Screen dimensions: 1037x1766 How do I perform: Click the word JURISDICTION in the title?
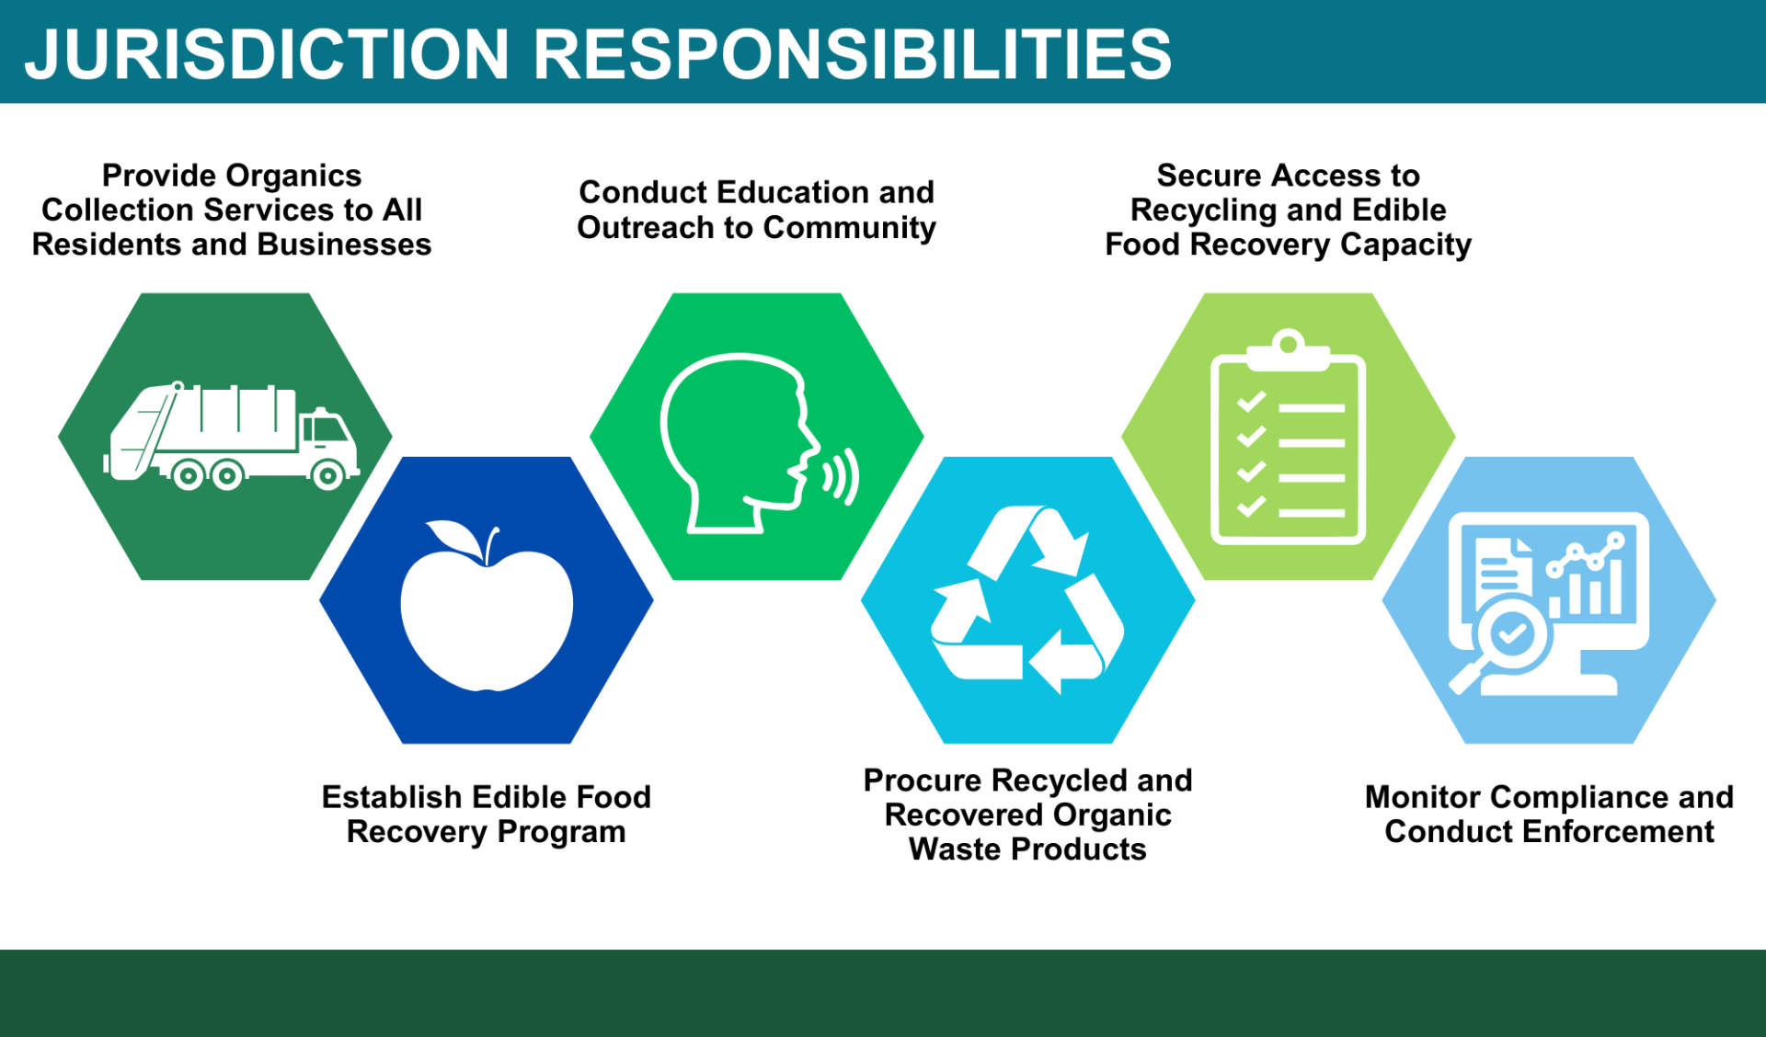coord(267,53)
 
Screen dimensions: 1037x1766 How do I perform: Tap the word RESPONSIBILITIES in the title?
coord(852,53)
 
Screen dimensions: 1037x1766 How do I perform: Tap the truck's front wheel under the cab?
coord(327,474)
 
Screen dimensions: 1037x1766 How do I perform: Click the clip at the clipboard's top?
coord(1289,350)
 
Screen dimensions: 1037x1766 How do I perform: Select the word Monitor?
coord(1421,797)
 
